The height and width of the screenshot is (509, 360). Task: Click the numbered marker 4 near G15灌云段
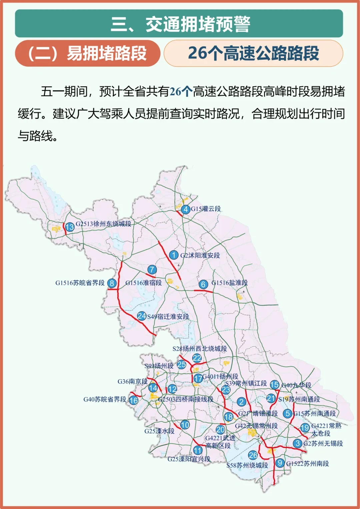pos(186,209)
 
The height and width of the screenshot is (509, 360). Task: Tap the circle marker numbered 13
pos(69,227)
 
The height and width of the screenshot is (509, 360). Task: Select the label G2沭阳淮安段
pos(200,256)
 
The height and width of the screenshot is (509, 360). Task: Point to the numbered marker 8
pos(112,283)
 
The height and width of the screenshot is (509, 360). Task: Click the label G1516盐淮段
pos(229,283)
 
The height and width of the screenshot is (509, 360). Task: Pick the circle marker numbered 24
pos(142,316)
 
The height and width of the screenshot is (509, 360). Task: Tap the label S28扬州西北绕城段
pos(199,349)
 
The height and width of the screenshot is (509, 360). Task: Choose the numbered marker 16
pos(133,400)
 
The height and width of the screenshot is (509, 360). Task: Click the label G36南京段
pos(132,382)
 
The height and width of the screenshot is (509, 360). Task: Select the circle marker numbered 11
pos(198,450)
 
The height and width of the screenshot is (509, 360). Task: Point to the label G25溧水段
pos(159,431)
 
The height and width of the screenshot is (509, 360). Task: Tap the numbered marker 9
pos(280,463)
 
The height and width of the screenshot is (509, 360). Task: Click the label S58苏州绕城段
pos(247,465)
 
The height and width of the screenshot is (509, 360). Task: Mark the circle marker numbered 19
pos(305,428)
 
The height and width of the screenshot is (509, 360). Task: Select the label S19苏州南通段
pos(299,399)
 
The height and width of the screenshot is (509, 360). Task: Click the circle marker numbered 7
pos(152,269)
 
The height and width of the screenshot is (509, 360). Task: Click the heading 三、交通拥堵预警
pos(180,24)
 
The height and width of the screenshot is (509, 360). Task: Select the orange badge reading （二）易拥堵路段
pos(87,53)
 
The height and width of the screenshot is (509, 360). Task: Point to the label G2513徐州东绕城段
pos(103,224)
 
